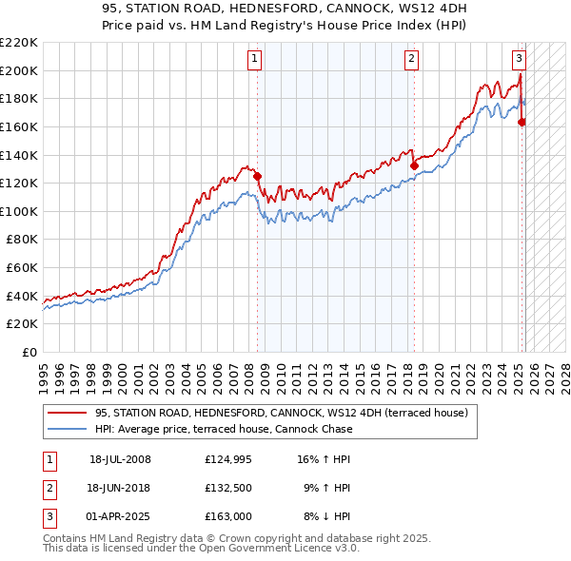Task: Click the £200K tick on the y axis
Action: click(x=19, y=70)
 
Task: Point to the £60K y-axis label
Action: click(x=22, y=268)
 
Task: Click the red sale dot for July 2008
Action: click(x=257, y=176)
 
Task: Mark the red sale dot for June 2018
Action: click(x=414, y=165)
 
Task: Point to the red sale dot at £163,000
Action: click(x=522, y=122)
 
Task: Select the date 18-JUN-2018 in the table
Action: click(x=120, y=488)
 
